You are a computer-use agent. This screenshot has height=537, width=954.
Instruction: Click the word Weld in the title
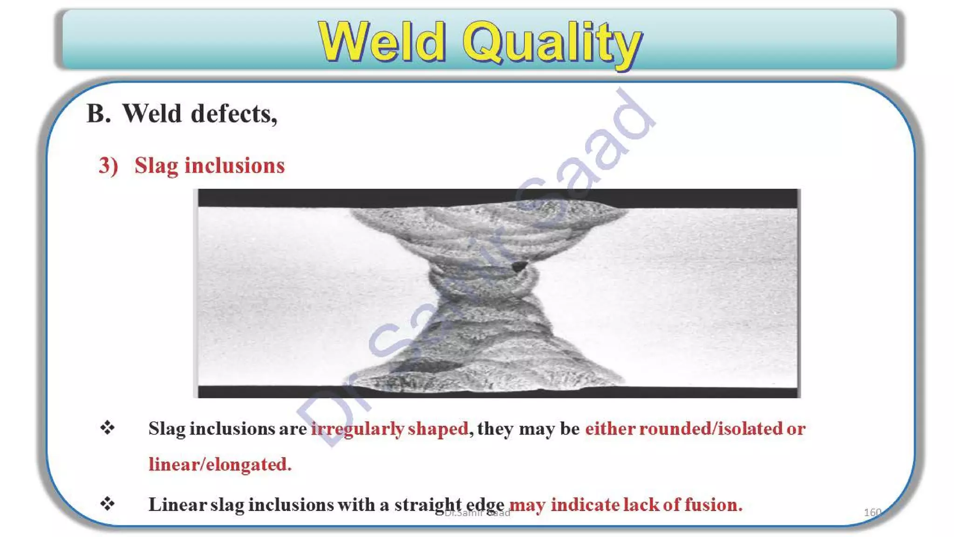382,43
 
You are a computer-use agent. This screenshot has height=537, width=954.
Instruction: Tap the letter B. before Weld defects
99,114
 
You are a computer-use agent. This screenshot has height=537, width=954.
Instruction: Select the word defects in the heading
234,114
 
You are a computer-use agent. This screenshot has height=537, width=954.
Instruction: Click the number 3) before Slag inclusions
108,165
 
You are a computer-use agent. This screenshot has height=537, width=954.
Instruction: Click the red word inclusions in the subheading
234,165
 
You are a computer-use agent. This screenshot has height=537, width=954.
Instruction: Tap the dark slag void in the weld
518,266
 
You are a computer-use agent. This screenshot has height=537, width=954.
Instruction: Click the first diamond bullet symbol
108,427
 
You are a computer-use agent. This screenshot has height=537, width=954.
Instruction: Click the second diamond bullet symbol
108,503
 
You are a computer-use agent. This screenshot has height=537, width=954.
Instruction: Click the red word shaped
438,429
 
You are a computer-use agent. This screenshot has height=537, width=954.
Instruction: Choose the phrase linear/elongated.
220,464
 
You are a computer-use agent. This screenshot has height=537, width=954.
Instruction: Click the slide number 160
872,512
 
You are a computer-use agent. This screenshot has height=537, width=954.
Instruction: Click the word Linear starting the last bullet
177,504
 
